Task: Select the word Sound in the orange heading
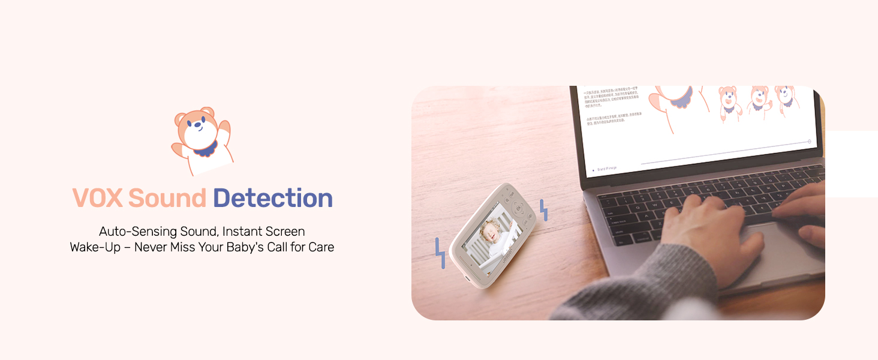pyautogui.click(x=167, y=199)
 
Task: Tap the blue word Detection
pyautogui.click(x=273, y=199)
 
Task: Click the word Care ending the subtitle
pyautogui.click(x=321, y=247)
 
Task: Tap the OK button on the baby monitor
pyautogui.click(x=518, y=209)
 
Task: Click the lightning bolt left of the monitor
pyautogui.click(x=440, y=253)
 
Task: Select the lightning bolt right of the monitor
pyautogui.click(x=544, y=210)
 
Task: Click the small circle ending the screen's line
pyautogui.click(x=809, y=142)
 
